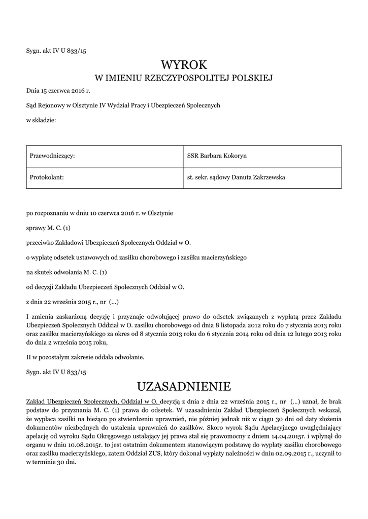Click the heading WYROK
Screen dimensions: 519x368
tap(184, 64)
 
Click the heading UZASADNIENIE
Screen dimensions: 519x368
tap(184, 387)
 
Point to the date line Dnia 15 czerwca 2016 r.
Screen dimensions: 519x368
tap(58, 92)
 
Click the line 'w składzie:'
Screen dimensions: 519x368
tap(41, 120)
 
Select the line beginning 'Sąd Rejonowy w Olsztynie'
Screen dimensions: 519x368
tap(123, 105)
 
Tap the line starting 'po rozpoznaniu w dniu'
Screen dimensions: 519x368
tap(99, 213)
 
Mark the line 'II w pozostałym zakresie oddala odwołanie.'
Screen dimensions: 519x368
tap(85, 357)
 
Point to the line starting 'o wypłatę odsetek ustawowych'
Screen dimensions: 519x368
tap(136, 257)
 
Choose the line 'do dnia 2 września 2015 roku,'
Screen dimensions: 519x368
tap(68, 342)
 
